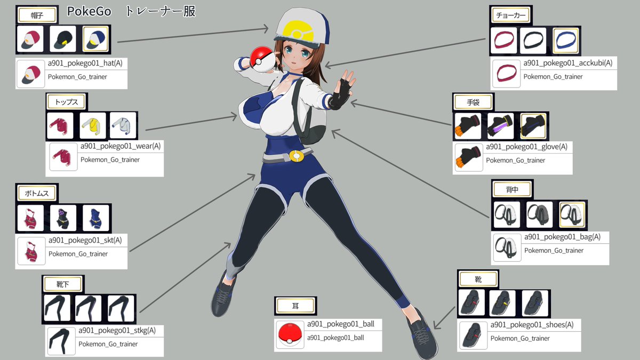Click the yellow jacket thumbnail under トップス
point(93,125)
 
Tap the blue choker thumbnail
point(566,41)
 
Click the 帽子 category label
point(37,15)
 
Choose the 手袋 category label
point(473,102)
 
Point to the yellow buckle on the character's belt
point(295,156)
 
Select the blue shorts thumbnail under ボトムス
point(96,218)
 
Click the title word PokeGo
point(89,12)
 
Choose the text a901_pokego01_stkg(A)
point(117,331)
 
